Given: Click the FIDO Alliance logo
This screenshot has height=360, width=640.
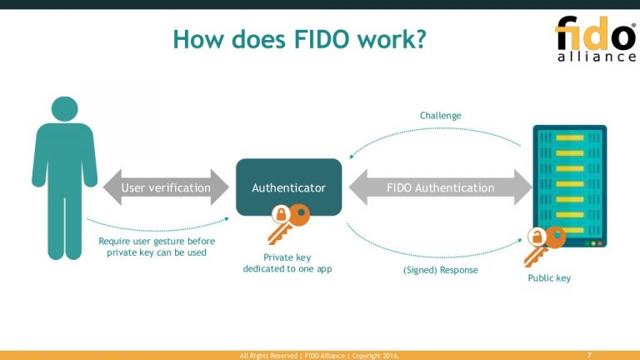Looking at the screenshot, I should click(595, 38).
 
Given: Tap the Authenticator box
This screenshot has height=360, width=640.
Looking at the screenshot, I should click(288, 187).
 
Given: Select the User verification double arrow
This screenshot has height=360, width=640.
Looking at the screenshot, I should click(166, 187).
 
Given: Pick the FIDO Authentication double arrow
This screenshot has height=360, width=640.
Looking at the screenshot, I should click(440, 187).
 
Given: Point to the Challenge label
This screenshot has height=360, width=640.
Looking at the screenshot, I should click(440, 116).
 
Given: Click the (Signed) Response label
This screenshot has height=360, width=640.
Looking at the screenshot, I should click(440, 271).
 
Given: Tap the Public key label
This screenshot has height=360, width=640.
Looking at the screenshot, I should click(549, 277).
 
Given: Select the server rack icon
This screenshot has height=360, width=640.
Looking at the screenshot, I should click(570, 185).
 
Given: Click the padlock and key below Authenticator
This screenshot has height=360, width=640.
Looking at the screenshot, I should click(288, 223).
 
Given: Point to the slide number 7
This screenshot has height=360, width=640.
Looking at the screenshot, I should click(589, 355).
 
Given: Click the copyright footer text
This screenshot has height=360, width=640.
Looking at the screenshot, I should click(319, 356).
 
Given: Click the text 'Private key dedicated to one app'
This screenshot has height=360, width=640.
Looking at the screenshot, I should click(287, 263).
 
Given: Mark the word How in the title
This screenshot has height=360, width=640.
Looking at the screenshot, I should click(197, 38).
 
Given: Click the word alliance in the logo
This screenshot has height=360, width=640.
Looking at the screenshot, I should click(596, 57).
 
